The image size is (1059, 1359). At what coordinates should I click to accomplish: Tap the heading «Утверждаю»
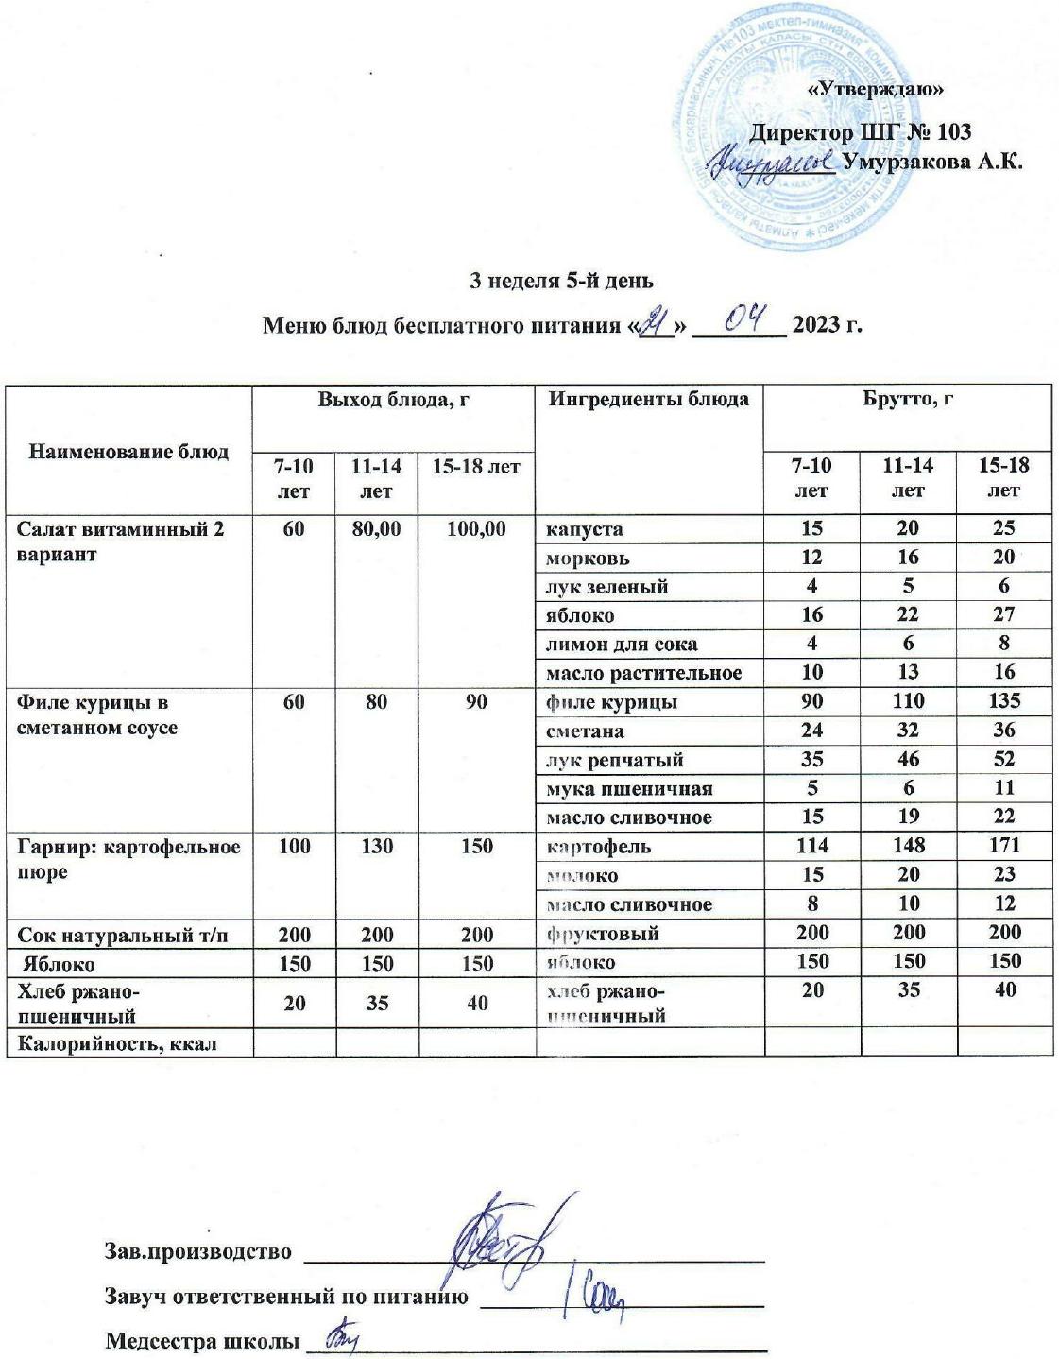(878, 90)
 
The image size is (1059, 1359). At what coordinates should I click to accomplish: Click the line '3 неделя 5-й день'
(561, 281)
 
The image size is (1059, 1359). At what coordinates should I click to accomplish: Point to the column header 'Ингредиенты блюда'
(648, 399)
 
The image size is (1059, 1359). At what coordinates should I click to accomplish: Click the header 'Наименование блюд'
(128, 452)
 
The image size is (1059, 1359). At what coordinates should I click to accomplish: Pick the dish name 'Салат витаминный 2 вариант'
(121, 541)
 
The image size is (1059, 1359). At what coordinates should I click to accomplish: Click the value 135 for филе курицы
(1003, 701)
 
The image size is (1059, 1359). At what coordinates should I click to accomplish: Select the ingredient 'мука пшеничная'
(629, 788)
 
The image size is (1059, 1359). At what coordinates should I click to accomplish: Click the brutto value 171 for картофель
(1003, 846)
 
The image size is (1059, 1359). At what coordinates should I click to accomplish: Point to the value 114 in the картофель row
(811, 846)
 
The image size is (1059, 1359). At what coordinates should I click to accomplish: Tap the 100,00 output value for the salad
(476, 528)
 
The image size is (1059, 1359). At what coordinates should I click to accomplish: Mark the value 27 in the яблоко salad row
(1003, 614)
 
